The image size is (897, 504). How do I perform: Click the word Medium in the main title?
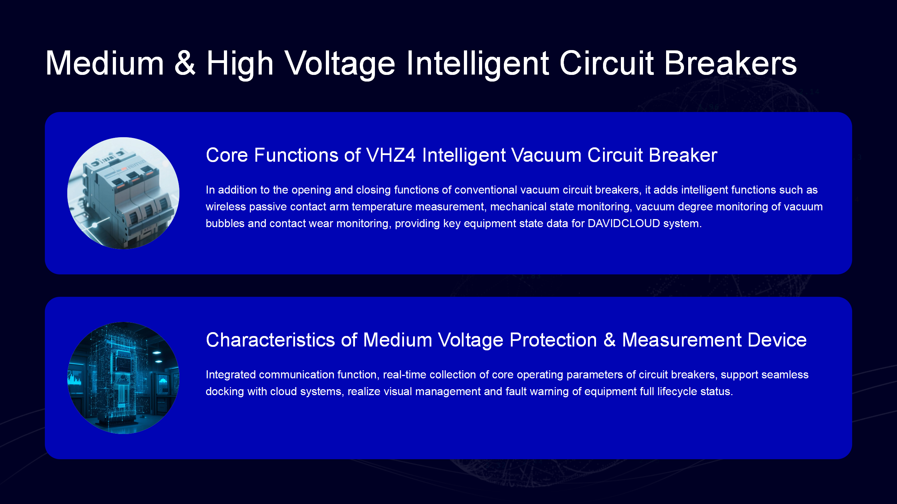(x=105, y=63)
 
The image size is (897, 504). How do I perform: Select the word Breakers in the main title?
(x=730, y=63)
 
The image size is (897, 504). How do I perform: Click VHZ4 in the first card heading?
(x=391, y=155)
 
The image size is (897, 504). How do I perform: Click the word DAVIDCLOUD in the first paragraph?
(x=624, y=223)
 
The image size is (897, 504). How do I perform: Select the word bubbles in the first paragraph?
(x=225, y=223)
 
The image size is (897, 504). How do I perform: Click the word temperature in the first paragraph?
(x=382, y=206)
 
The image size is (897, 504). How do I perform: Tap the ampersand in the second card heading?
(x=610, y=340)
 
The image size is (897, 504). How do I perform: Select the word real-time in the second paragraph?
(x=404, y=374)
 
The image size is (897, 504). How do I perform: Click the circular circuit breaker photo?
(x=123, y=193)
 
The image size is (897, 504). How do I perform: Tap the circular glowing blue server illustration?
(x=123, y=378)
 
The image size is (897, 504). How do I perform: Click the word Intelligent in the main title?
(x=478, y=63)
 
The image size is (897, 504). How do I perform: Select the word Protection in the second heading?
(x=553, y=340)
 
